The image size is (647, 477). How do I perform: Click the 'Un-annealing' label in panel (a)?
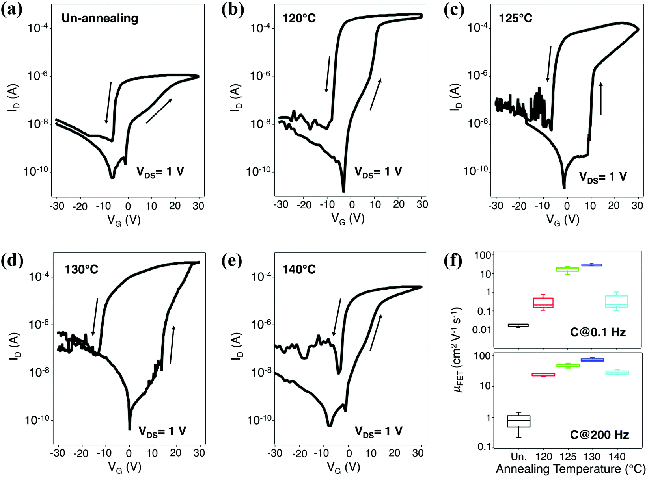click(x=100, y=19)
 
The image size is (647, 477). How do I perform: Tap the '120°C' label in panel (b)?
click(x=299, y=18)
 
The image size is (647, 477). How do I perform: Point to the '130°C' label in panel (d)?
click(x=82, y=269)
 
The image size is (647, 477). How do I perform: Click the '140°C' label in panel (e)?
click(x=299, y=269)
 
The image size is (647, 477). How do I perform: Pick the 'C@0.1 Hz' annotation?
click(x=598, y=332)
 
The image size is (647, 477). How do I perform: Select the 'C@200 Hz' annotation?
click(x=599, y=435)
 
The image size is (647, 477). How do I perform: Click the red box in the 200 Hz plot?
click(x=543, y=375)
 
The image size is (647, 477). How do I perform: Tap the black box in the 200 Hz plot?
click(x=518, y=421)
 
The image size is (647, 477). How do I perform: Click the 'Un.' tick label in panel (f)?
click(x=518, y=457)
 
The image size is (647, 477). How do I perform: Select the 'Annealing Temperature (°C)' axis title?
click(x=570, y=469)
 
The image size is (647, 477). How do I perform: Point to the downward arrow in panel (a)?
click(x=108, y=102)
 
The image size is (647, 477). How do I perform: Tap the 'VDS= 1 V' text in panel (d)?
click(x=162, y=431)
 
